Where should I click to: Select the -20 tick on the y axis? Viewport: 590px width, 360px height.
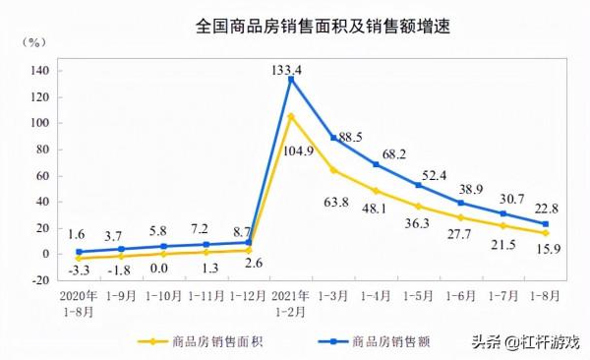tap(40, 280)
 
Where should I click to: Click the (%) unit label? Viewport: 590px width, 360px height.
tap(32, 42)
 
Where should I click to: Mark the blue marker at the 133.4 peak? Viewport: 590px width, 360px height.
tap(291, 80)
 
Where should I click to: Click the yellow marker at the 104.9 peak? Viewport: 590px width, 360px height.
tap(291, 117)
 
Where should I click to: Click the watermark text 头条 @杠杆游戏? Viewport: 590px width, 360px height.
tap(525, 341)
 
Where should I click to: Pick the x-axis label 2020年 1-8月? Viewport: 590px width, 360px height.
tap(78, 301)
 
